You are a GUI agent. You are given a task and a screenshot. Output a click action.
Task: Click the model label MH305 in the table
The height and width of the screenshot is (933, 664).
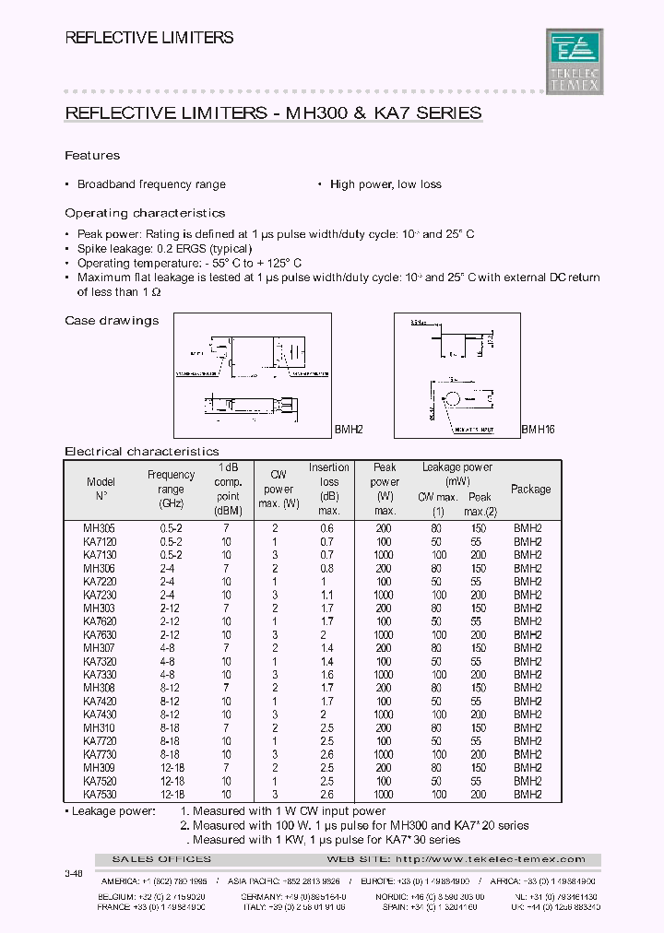(x=99, y=529)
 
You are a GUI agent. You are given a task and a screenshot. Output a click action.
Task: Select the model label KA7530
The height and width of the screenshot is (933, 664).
(x=101, y=795)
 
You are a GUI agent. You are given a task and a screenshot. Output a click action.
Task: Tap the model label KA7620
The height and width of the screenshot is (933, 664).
(x=101, y=622)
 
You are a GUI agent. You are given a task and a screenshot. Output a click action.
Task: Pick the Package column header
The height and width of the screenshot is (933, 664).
(x=530, y=490)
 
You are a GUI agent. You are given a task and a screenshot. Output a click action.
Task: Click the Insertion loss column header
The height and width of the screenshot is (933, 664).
(x=328, y=489)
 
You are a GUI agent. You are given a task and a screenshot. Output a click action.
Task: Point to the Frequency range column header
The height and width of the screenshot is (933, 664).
(x=172, y=489)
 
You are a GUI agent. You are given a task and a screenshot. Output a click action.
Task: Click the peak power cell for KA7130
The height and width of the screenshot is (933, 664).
(x=384, y=556)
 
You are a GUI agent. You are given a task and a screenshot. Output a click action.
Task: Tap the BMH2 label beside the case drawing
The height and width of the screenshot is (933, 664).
(x=349, y=431)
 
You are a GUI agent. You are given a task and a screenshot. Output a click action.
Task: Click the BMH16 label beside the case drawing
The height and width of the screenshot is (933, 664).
(x=538, y=431)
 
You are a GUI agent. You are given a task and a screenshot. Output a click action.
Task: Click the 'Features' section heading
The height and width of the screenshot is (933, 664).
(x=92, y=156)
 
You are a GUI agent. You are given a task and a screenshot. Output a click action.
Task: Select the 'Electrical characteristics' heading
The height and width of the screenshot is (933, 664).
(x=142, y=452)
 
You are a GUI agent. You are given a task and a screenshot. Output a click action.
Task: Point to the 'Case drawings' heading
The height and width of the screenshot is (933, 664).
(x=112, y=321)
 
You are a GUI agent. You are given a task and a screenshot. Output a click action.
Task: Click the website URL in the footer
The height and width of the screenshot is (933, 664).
(x=490, y=859)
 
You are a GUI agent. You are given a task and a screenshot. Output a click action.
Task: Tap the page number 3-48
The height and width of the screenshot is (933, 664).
(x=73, y=871)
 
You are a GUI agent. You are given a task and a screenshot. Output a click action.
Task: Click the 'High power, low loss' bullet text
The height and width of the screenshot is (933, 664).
(x=385, y=184)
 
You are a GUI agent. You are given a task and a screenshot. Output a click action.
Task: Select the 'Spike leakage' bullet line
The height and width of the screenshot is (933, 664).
(x=164, y=249)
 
